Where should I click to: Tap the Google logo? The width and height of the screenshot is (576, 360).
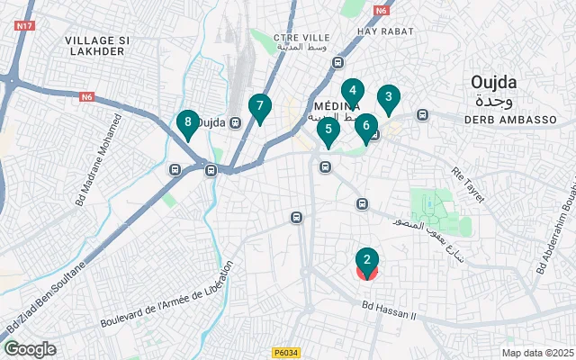pyautogui.click(x=30, y=349)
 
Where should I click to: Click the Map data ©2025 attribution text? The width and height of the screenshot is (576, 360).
pyautogui.click(x=536, y=353)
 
